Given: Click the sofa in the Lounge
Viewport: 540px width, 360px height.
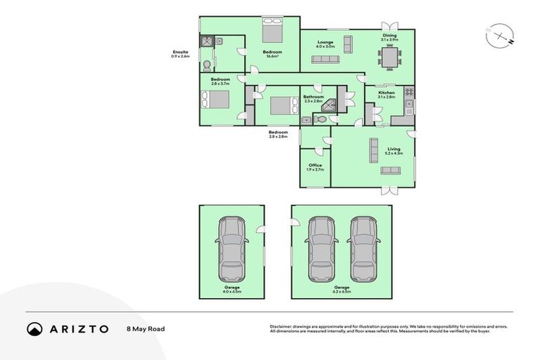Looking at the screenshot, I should pyautogui.click(x=325, y=60).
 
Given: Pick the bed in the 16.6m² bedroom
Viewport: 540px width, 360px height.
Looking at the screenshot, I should pyautogui.click(x=272, y=31).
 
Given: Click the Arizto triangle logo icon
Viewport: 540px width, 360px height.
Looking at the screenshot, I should pyautogui.click(x=34, y=328).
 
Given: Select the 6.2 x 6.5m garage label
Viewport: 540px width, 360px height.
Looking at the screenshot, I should pyautogui.click(x=342, y=290).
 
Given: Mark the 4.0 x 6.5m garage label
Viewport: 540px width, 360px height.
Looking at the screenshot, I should pyautogui.click(x=231, y=290).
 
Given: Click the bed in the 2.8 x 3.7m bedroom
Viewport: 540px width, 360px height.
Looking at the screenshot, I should pyautogui.click(x=217, y=100).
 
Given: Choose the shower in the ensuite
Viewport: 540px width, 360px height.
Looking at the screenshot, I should pyautogui.click(x=207, y=41).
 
